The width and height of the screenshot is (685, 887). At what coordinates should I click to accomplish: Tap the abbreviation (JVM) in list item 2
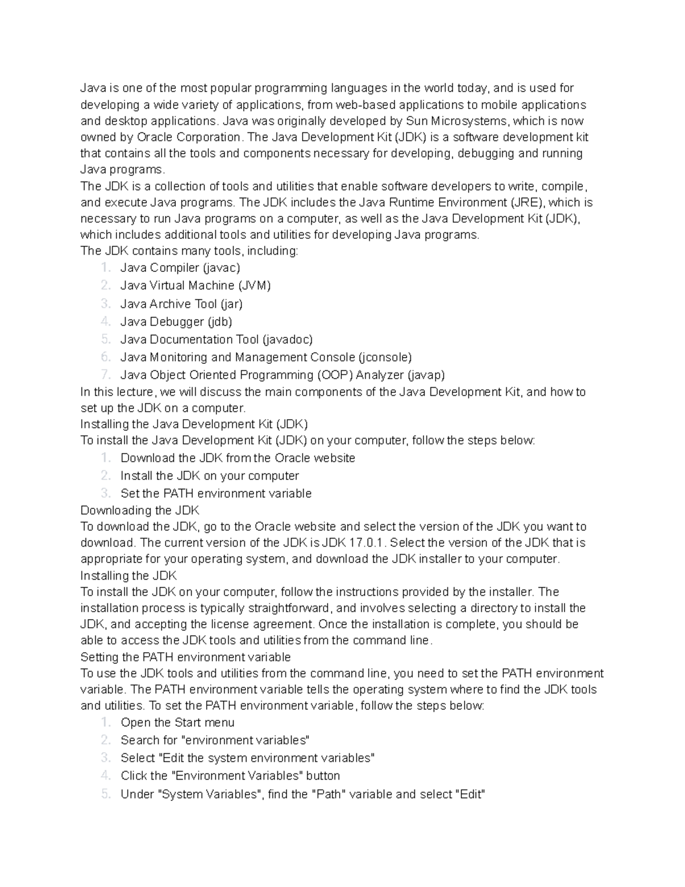pyautogui.click(x=254, y=286)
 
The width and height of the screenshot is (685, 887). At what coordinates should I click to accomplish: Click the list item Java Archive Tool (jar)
pyautogui.click(x=182, y=304)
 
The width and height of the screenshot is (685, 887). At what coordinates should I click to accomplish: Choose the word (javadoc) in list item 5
pyautogui.click(x=287, y=339)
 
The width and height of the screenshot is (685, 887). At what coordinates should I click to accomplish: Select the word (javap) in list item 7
pyautogui.click(x=425, y=375)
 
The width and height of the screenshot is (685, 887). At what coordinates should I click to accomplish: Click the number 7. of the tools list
pyautogui.click(x=105, y=375)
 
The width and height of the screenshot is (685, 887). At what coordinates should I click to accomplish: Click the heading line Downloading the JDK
pyautogui.click(x=140, y=510)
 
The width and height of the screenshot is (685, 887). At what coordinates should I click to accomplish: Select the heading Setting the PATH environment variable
pyautogui.click(x=186, y=657)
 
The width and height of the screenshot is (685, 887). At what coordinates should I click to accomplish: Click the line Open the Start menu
pyautogui.click(x=178, y=723)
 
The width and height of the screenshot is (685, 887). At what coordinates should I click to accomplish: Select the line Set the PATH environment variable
pyautogui.click(x=216, y=493)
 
